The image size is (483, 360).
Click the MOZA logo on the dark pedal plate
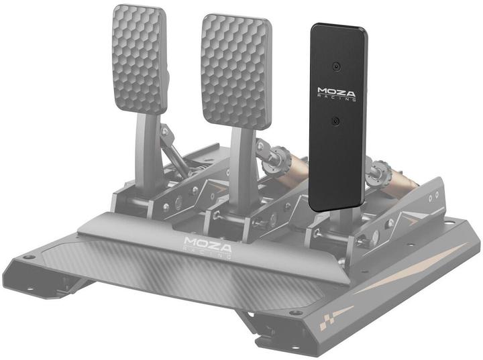coord(337,93)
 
